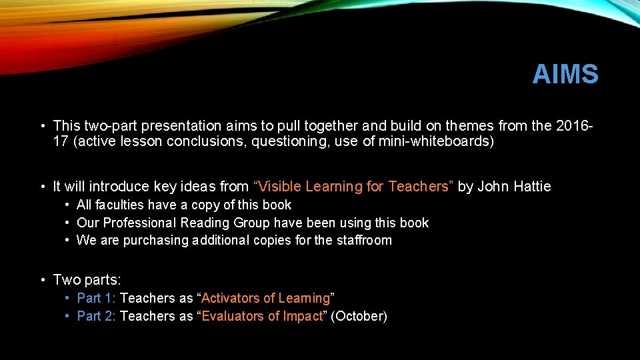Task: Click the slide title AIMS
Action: pos(565,75)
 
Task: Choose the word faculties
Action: pos(121,205)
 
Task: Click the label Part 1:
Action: pos(97,298)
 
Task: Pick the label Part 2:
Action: pos(97,316)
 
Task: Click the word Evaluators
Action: pos(233,316)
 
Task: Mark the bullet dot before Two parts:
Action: pos(42,281)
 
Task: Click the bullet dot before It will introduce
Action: pos(42,187)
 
